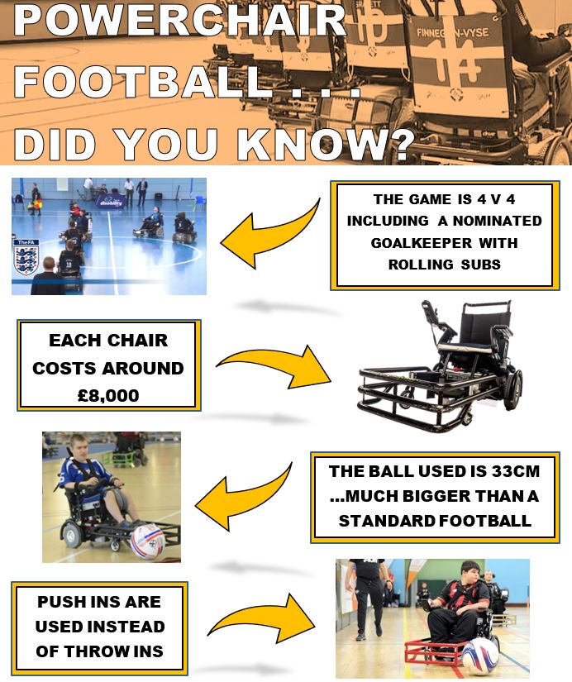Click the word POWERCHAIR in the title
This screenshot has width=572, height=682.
coord(180,20)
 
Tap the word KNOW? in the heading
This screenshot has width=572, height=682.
coord(326,144)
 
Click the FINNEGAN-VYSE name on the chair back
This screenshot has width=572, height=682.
coord(453,33)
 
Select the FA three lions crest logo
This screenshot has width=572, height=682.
coord(26,258)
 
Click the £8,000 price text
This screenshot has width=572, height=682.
coord(108,395)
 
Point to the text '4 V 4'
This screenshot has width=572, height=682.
coord(496,199)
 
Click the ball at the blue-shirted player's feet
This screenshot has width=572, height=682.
coord(148,541)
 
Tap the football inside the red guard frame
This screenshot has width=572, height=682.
coord(479,657)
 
